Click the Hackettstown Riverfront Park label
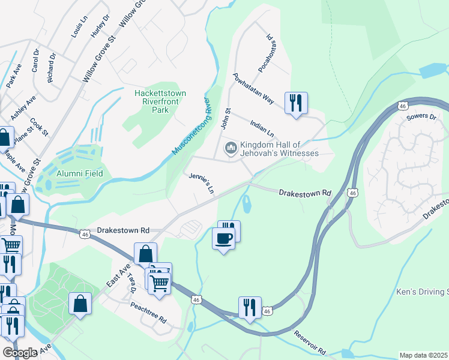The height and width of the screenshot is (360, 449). coord(160,102)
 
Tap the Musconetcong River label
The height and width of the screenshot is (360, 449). coord(192,126)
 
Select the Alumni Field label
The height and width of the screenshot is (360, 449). coord(80,173)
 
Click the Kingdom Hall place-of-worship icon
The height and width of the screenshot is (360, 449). coord(231,148)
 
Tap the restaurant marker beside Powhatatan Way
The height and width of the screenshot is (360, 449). coord(296,103)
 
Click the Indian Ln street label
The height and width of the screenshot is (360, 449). coord(262,127)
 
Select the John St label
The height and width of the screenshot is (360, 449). coord(226,118)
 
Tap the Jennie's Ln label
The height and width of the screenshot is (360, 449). coord(202,184)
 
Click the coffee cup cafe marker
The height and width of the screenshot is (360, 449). coord(224,238)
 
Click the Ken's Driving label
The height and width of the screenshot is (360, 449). coord(422,292)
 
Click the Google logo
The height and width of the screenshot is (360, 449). coord(20,352)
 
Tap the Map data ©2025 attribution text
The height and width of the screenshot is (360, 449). coord(423,355)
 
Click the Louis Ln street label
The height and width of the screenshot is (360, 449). coord(76,28)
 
